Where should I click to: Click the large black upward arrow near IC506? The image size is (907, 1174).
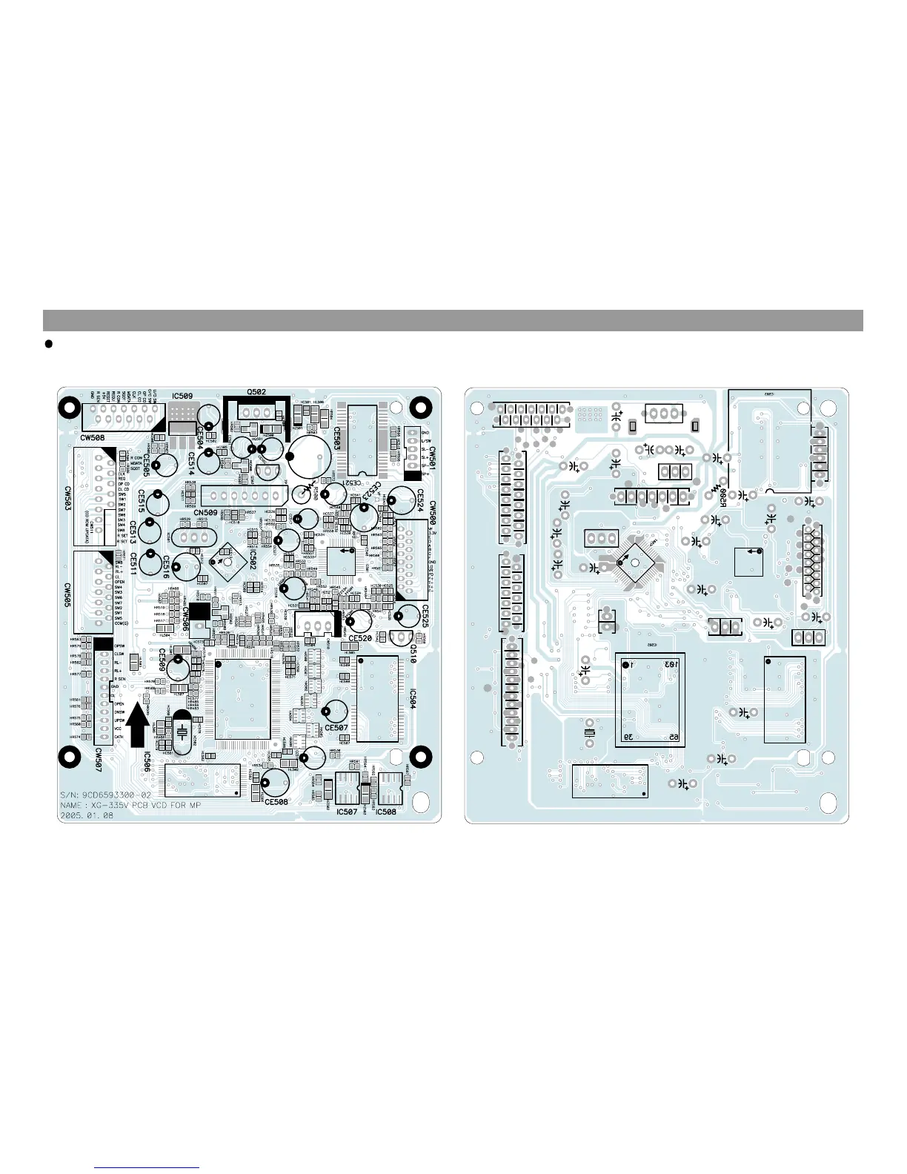click(x=138, y=726)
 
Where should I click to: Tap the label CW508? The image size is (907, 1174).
click(x=92, y=438)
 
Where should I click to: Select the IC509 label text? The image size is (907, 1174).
click(x=182, y=397)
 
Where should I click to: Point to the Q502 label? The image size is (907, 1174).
click(x=256, y=392)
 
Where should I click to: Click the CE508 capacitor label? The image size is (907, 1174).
click(x=276, y=802)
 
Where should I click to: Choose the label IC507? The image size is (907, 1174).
click(x=347, y=812)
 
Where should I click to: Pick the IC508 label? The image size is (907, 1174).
click(x=386, y=812)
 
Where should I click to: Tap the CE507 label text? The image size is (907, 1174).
click(x=336, y=728)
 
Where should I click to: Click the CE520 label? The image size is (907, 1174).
click(x=360, y=638)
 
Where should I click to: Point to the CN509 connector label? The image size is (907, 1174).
click(x=205, y=512)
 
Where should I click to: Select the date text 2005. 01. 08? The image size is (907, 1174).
click(x=87, y=815)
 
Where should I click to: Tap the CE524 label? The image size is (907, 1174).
click(x=419, y=500)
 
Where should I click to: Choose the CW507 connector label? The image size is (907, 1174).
click(x=98, y=760)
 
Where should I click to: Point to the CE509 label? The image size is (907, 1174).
click(x=162, y=661)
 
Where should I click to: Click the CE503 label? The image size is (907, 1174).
click(x=336, y=439)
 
